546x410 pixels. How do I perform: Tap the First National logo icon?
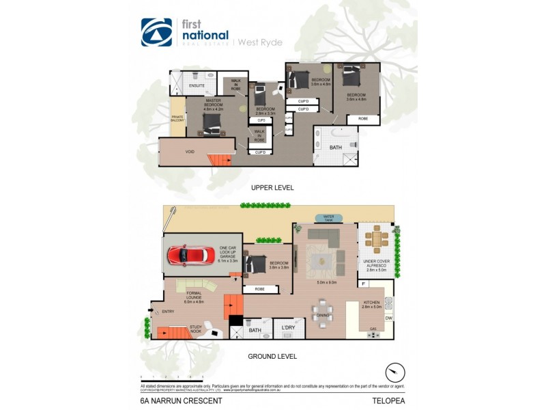156,32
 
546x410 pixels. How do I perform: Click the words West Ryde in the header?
261,42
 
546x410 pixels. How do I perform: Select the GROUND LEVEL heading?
272,356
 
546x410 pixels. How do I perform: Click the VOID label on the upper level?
190,152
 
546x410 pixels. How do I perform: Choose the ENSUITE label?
197,85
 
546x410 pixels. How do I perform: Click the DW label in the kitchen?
388,318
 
